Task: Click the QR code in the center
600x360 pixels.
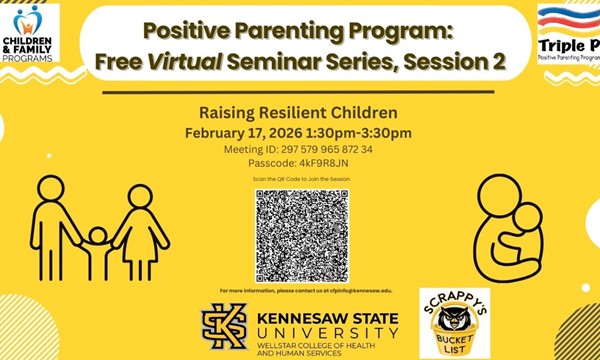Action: (299, 235)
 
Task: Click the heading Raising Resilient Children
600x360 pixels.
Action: (299, 114)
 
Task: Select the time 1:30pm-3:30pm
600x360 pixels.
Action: (364, 133)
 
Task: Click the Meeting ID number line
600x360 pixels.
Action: (300, 149)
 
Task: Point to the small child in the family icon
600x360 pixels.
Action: (97, 250)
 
